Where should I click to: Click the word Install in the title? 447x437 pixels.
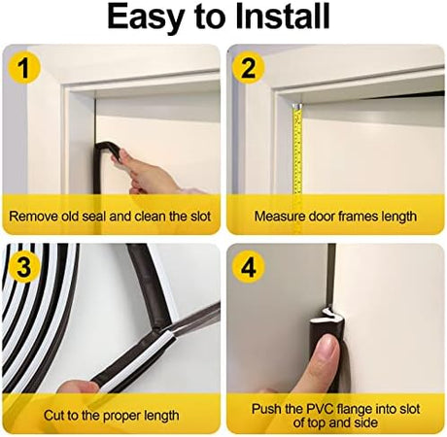[283, 16]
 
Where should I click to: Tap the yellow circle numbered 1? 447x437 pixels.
[24, 68]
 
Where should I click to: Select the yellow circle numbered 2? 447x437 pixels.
[248, 68]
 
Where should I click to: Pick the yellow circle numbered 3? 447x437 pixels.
[24, 267]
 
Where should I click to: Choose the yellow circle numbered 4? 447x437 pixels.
[248, 267]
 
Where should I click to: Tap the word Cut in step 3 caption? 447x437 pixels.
[53, 416]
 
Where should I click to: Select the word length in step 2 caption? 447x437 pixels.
[398, 217]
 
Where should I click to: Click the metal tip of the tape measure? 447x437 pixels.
[297, 106]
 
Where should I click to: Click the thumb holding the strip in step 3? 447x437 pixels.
[81, 387]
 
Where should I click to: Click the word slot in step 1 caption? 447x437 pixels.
[200, 217]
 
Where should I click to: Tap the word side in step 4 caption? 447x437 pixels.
[366, 422]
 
